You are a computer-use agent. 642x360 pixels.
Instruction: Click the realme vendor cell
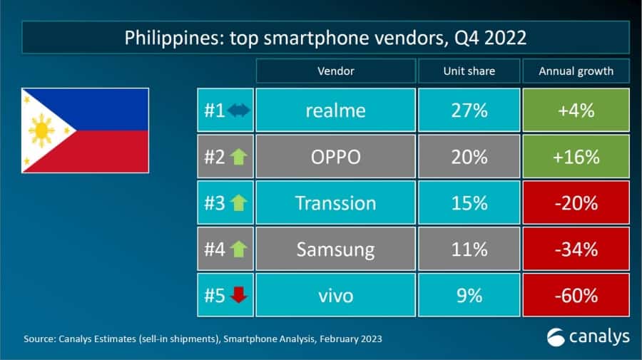pyautogui.click(x=335, y=110)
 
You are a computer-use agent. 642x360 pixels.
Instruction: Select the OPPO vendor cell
pyautogui.click(x=335, y=157)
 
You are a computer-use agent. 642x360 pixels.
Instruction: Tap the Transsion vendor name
pyautogui.click(x=335, y=202)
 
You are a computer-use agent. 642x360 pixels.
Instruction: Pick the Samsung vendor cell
pyautogui.click(x=335, y=249)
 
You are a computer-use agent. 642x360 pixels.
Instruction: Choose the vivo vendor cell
pyautogui.click(x=335, y=294)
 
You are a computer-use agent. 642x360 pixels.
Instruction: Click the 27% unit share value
pyautogui.click(x=469, y=110)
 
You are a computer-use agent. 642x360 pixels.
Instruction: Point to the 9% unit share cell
pyautogui.click(x=469, y=294)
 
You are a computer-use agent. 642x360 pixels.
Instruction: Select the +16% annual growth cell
pyautogui.click(x=576, y=157)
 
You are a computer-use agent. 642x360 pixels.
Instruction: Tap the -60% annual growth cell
pyautogui.click(x=576, y=294)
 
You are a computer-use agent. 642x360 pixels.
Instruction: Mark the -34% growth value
pyautogui.click(x=576, y=249)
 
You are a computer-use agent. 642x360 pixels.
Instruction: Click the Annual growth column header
pyautogui.click(x=576, y=71)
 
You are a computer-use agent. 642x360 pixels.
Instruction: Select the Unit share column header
pyautogui.click(x=469, y=71)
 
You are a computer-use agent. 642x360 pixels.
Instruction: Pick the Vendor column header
pyautogui.click(x=335, y=71)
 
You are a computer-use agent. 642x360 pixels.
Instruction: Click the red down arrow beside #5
pyautogui.click(x=238, y=294)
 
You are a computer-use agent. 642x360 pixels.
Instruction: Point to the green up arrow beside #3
pyautogui.click(x=238, y=203)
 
